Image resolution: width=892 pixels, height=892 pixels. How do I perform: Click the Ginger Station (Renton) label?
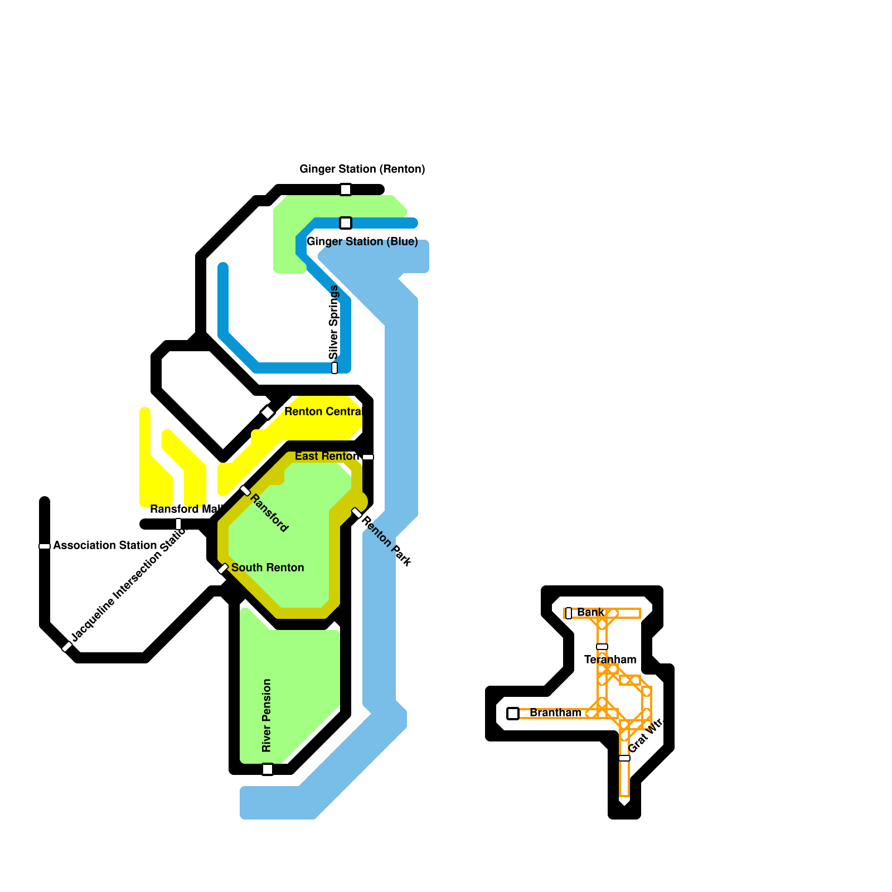tap(362, 169)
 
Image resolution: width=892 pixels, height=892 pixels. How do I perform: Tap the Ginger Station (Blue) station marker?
tap(346, 223)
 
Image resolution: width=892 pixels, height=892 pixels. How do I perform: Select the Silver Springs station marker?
tap(334, 368)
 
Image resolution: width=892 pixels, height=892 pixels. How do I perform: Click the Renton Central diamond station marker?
tap(268, 413)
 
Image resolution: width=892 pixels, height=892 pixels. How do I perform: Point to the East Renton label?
tap(327, 456)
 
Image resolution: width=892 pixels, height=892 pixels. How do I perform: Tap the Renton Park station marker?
tap(357, 513)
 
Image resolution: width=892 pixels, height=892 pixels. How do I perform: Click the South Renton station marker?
tap(223, 569)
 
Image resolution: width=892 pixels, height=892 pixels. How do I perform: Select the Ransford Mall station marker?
tap(178, 524)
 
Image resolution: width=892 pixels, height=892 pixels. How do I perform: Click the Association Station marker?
tap(45, 546)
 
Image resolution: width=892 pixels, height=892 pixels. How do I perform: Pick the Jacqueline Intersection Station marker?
tap(67, 647)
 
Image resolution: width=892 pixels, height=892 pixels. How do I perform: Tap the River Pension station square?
tap(268, 769)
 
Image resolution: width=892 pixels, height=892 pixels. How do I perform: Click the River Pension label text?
tap(266, 715)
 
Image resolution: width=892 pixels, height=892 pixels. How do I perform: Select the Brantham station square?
tap(513, 714)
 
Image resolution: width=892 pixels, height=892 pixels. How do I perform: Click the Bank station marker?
tap(569, 613)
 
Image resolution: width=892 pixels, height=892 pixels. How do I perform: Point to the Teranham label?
tap(610, 660)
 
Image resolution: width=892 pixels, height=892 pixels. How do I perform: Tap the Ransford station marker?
tap(245, 491)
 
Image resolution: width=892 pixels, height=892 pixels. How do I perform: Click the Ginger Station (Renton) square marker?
tap(346, 190)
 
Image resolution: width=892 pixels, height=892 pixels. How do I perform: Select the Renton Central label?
tap(323, 411)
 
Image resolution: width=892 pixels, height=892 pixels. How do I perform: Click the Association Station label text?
tap(105, 545)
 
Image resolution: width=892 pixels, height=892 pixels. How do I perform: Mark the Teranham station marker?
tap(602, 647)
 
